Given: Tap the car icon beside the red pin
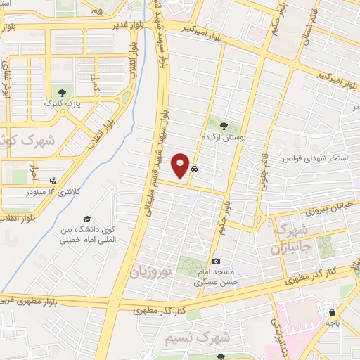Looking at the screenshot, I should [195, 169].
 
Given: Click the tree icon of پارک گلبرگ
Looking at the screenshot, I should [62, 92].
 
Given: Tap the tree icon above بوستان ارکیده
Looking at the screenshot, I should [224, 125].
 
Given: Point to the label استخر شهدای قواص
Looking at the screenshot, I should [316, 158].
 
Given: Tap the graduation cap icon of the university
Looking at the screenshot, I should [87, 219].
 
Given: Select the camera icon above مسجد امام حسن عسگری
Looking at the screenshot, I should [216, 262].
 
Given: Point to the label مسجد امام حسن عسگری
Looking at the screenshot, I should [217, 278].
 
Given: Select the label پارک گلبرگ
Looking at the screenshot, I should [59, 104].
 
